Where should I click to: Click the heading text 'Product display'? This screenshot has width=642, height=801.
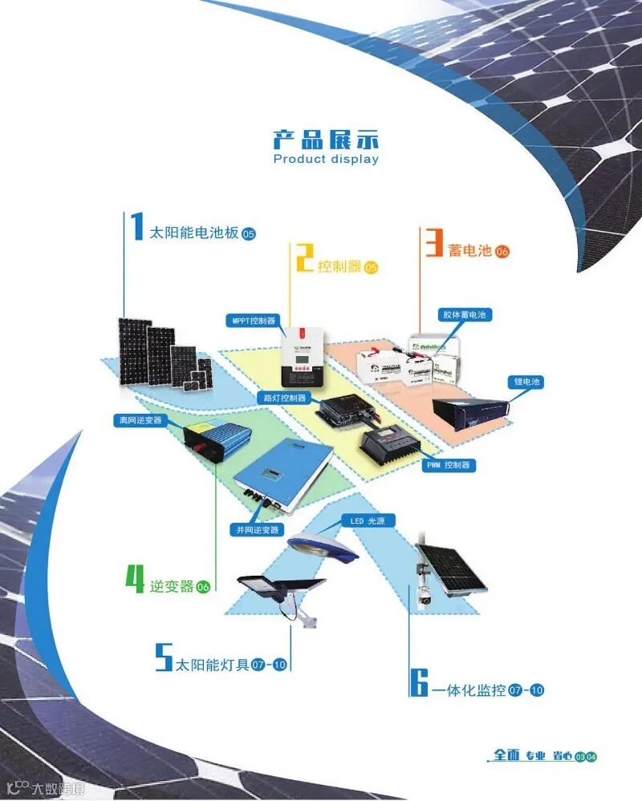(325, 159)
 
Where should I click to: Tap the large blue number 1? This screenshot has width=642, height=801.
(137, 228)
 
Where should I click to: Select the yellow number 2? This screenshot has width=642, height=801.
(304, 258)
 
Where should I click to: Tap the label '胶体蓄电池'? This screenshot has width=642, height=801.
(465, 315)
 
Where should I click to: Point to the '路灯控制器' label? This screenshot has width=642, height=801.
(286, 398)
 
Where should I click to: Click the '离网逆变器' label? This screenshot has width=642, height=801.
(140, 420)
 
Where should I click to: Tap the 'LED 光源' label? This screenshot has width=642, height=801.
(368, 521)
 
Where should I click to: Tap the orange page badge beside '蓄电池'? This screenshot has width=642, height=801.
(502, 252)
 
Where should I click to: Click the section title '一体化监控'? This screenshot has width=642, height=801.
(469, 690)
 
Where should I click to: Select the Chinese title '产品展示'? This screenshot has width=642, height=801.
(325, 139)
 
